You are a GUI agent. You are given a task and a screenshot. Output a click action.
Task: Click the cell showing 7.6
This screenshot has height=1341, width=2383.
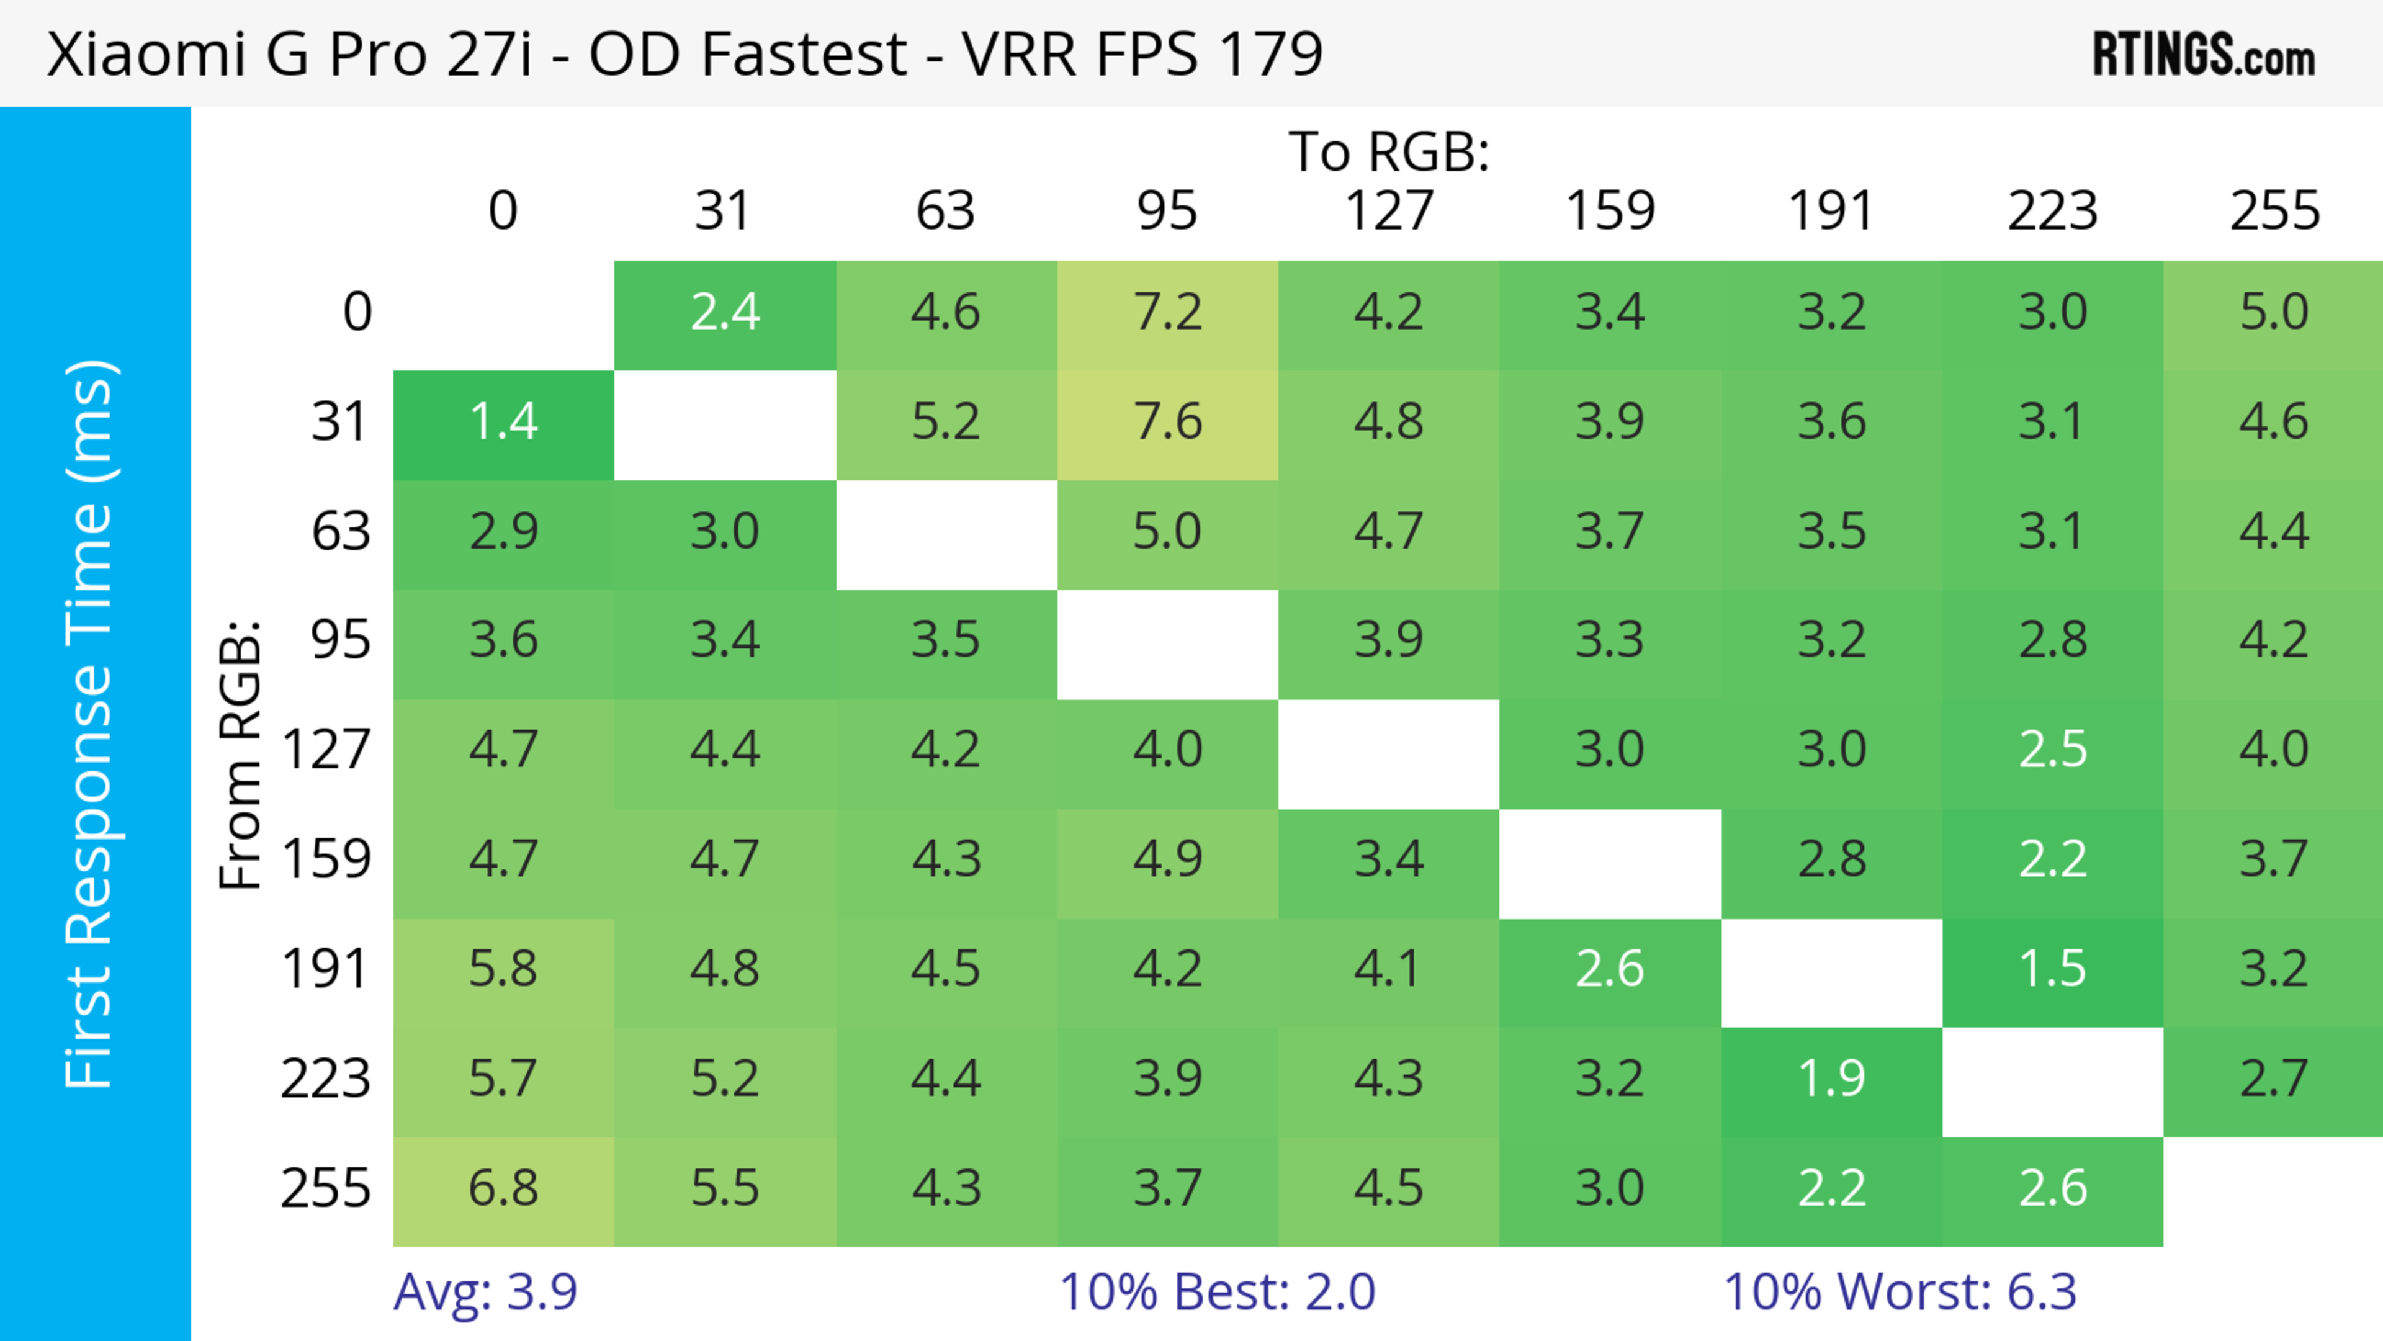1167,423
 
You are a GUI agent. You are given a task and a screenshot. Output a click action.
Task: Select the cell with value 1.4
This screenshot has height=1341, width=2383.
503,423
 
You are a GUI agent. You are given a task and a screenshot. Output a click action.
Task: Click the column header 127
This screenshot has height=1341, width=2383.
1389,211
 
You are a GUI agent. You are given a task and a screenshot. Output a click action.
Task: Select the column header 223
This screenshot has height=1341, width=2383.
2052,211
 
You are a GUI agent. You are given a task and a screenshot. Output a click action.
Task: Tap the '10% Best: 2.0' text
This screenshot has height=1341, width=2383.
1216,1292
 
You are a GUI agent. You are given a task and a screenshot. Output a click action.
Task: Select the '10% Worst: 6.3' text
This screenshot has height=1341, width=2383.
1899,1292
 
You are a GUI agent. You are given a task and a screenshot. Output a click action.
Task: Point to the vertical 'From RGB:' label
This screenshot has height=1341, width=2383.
241,755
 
